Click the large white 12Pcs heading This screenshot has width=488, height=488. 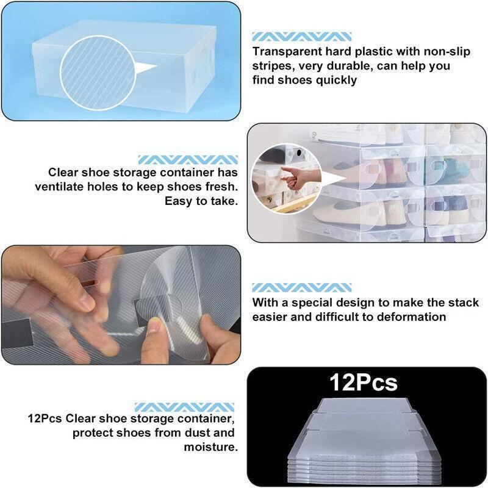coord(364,382)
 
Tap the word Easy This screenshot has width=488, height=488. coord(178,201)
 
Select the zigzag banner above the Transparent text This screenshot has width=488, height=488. coord(301,37)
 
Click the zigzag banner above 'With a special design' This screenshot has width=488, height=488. coord(301,287)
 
